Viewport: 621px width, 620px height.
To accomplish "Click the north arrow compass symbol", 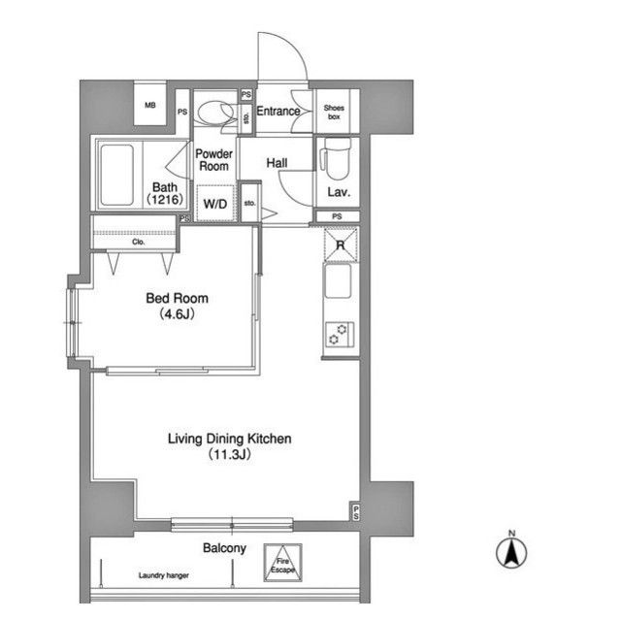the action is click(511, 550).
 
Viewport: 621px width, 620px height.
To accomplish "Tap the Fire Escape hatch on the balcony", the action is click(282, 563).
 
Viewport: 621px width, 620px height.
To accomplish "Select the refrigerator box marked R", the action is click(341, 245).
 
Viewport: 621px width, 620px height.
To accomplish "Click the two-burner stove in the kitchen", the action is click(340, 335).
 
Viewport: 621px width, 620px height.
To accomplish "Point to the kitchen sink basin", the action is click(338, 281).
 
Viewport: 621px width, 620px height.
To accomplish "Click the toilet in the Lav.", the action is click(336, 158).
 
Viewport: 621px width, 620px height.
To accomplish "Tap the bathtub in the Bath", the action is click(116, 175).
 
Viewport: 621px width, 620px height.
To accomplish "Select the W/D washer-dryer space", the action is click(215, 204).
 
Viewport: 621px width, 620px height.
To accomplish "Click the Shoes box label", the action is click(334, 112).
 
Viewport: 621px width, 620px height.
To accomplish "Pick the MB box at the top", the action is click(149, 104).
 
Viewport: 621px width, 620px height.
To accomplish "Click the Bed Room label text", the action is click(177, 298).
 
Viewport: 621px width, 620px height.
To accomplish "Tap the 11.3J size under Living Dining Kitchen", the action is click(230, 454).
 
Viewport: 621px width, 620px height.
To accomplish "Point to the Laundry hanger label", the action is click(164, 575).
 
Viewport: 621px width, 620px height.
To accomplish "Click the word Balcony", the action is click(224, 548).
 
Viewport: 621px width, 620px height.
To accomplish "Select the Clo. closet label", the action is click(138, 242).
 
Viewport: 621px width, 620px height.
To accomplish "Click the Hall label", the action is click(277, 163).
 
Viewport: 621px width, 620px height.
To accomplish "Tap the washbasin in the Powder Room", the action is click(214, 113).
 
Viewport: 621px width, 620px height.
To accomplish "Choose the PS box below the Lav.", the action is click(337, 216).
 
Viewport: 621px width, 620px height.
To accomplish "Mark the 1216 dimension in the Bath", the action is click(165, 199).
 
